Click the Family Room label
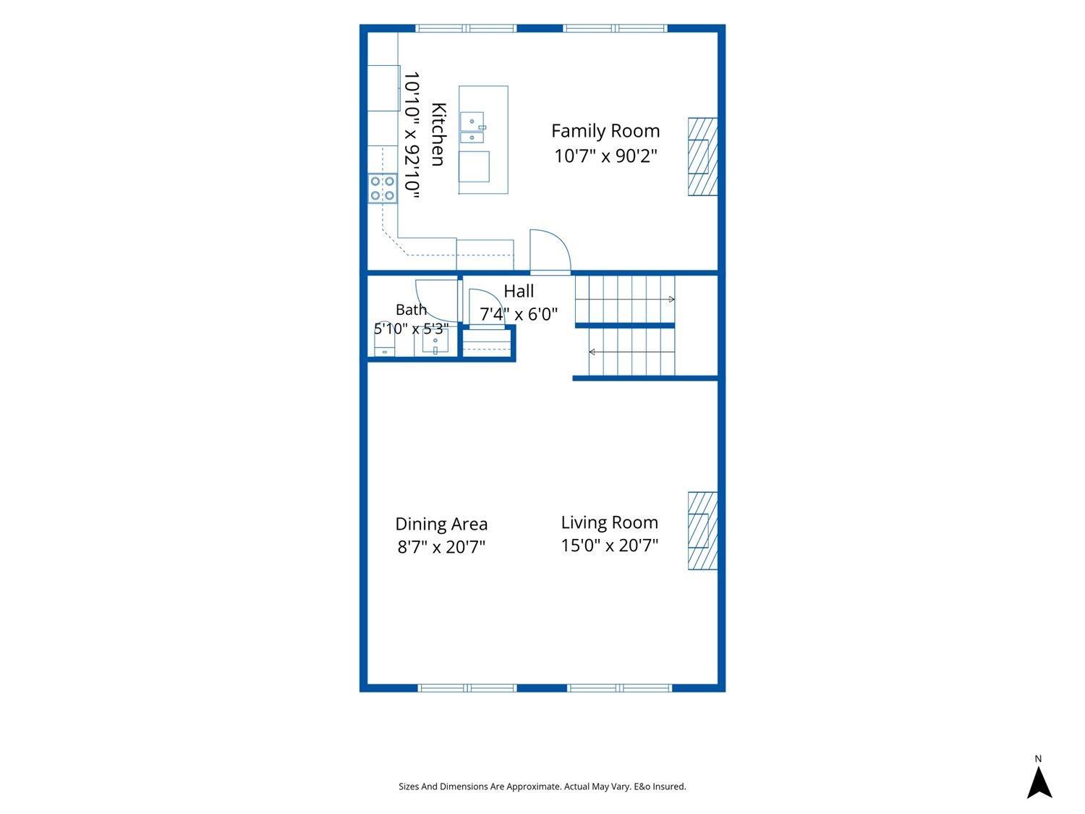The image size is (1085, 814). point(605,131)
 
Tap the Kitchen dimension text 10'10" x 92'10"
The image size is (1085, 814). point(412,135)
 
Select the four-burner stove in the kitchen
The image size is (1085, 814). point(382,188)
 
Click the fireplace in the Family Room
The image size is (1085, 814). point(702,156)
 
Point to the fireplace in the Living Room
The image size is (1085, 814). point(702,531)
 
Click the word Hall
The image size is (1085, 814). point(519,291)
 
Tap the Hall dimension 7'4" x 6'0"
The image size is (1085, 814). point(519,314)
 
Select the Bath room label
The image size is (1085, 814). point(411,310)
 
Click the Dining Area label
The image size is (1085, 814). point(441,524)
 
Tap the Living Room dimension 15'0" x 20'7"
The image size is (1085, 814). point(610,545)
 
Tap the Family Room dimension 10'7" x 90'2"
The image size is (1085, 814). point(605,156)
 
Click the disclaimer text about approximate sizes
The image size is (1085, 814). point(542,787)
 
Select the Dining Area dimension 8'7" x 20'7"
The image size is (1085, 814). point(441,547)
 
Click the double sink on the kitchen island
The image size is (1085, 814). point(472,127)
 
